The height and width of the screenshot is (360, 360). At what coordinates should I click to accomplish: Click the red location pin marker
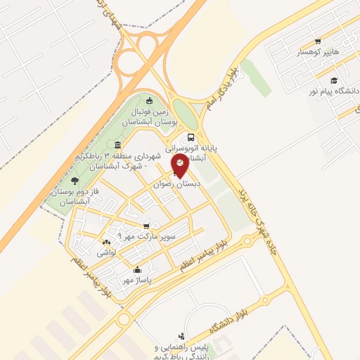click(x=181, y=165)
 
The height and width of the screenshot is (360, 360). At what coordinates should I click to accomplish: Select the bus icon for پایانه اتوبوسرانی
click(x=191, y=139)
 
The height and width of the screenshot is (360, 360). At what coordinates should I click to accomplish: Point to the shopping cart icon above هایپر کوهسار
click(x=318, y=41)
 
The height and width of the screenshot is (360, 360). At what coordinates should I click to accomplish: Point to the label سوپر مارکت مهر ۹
click(x=145, y=236)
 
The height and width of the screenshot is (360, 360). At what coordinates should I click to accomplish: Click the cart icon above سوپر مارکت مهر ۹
click(x=146, y=226)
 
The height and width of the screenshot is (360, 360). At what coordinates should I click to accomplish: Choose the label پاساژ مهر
click(x=137, y=280)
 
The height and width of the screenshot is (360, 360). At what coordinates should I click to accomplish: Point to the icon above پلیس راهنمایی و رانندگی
click(x=183, y=336)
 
